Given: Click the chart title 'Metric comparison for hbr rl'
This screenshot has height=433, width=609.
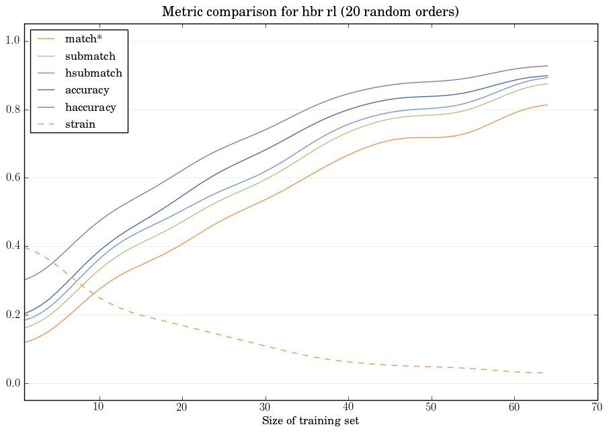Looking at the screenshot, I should click(x=310, y=12).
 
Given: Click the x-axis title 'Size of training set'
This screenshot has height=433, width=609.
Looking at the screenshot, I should click(x=310, y=421).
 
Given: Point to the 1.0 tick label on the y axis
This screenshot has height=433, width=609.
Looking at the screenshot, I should click(x=13, y=42).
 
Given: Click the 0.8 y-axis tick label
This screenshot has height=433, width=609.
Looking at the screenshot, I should click(x=13, y=110).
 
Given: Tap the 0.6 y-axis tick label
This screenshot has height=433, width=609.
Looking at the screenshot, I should click(x=13, y=178).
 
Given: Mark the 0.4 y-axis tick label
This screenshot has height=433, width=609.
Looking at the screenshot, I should click(x=13, y=247).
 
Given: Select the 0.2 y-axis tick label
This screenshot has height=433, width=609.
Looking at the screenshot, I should click(x=13, y=315).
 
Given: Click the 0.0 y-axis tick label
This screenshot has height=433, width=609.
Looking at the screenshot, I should click(x=13, y=383).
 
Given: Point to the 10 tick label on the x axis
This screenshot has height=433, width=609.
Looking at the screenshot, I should click(x=99, y=407).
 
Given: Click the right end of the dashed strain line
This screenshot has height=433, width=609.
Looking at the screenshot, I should click(x=547, y=372).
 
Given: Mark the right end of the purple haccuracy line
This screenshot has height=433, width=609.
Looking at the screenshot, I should click(x=547, y=66).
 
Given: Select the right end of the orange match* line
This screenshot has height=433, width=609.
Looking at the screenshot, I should click(x=547, y=105).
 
